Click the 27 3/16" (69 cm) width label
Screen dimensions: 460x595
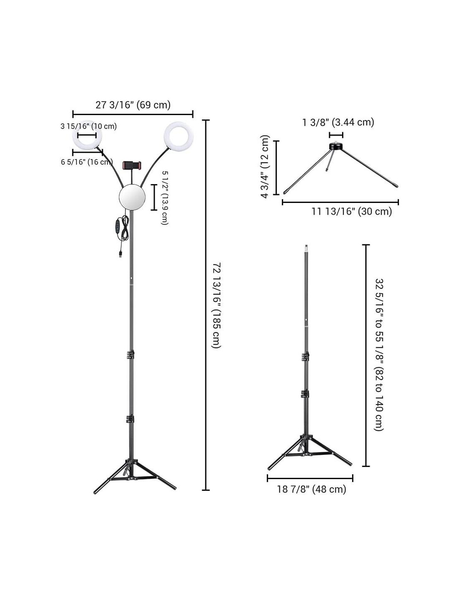click(x=133, y=105)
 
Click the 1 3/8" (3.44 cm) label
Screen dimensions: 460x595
click(x=338, y=122)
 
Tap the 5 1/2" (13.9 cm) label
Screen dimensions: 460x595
click(x=165, y=197)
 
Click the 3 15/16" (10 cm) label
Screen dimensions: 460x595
click(x=89, y=126)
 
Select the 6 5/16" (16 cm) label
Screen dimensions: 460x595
click(x=87, y=162)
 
